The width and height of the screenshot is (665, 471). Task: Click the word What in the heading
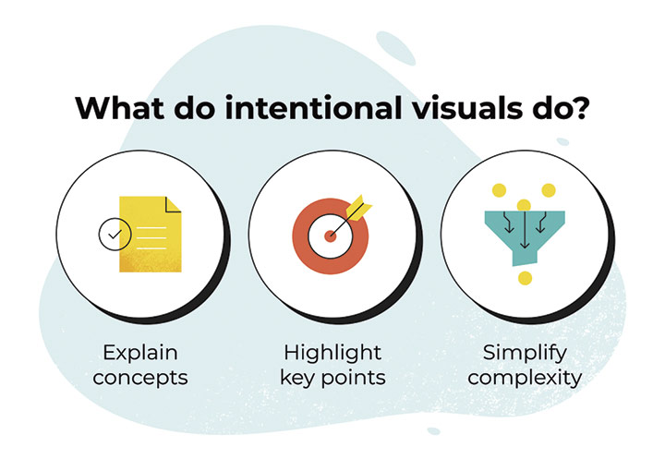[119, 108]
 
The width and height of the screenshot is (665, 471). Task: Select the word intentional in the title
[312, 108]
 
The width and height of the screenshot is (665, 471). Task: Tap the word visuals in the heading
[467, 108]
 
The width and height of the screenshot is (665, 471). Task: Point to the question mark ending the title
[578, 108]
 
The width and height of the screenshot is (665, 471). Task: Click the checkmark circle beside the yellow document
[115, 234]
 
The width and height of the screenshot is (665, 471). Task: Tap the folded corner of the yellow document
[173, 204]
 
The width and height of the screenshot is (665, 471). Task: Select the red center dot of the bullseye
[331, 236]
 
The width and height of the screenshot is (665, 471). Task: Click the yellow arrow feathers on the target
[358, 208]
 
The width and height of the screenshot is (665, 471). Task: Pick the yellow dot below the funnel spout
[525, 278]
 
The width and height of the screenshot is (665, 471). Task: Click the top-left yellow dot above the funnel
[499, 190]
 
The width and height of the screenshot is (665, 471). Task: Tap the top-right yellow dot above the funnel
[549, 190]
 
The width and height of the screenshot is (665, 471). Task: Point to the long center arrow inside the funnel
[525, 229]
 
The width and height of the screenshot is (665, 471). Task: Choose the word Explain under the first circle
[140, 353]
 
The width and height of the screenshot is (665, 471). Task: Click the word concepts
[140, 378]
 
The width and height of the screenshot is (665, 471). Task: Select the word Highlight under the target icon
[332, 353]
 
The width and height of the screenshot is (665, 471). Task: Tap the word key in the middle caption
[297, 378]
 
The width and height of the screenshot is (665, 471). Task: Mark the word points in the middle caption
[353, 378]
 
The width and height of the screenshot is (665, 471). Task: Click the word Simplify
[525, 353]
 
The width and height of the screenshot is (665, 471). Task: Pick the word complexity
[525, 378]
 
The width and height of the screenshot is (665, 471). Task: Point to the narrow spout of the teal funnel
[525, 258]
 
